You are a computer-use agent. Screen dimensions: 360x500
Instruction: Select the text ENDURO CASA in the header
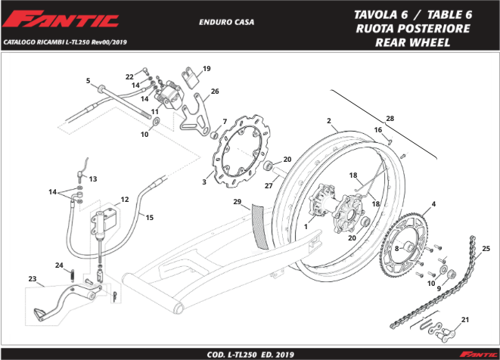click(x=226, y=22)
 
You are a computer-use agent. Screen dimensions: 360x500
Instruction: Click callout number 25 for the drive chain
click(x=485, y=248)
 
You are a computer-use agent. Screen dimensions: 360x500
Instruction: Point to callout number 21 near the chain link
click(x=465, y=319)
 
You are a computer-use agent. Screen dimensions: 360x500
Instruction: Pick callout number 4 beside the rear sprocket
click(x=433, y=204)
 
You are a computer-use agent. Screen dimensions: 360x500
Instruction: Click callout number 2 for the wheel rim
click(x=329, y=121)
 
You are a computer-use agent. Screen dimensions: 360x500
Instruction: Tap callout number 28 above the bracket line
click(x=390, y=119)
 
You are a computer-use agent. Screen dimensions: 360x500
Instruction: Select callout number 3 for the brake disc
click(x=204, y=182)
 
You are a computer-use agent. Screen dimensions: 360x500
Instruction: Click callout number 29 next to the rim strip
click(x=237, y=203)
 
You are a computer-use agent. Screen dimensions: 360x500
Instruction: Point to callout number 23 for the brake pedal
click(x=32, y=279)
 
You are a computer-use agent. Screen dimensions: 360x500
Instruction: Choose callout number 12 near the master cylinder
click(x=124, y=200)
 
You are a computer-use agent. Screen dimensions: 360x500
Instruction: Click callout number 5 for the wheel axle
click(x=88, y=81)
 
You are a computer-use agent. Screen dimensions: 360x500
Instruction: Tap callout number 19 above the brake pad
click(x=207, y=69)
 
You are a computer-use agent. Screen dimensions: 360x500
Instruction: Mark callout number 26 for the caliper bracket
click(x=215, y=92)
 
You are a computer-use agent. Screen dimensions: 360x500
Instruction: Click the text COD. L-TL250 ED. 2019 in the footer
click(x=250, y=353)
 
